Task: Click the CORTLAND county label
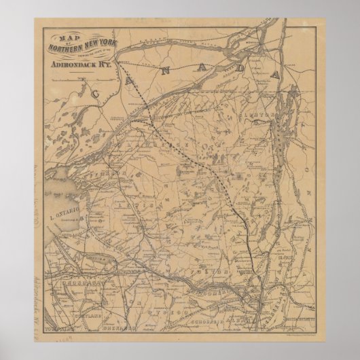[96, 316]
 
